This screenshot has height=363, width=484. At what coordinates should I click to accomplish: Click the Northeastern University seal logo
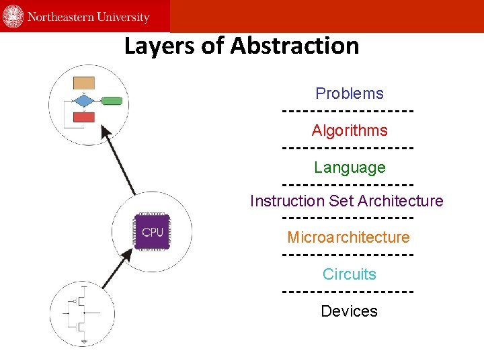point(13,16)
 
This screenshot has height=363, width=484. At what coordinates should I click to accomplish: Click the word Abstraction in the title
point(294,46)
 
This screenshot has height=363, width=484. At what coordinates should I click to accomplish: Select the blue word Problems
point(350,93)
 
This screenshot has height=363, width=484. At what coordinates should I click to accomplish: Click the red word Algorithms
point(350,130)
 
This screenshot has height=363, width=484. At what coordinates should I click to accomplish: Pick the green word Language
point(350,167)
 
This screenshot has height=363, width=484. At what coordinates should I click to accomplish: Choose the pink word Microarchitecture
point(348,237)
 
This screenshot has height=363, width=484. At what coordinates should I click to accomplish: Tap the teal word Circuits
point(350,274)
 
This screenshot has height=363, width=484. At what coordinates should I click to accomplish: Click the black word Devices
point(350,311)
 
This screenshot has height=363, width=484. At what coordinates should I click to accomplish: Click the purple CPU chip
point(153,232)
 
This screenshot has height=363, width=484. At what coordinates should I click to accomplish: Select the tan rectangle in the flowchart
point(83,83)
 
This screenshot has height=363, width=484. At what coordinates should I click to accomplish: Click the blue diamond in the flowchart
point(83,101)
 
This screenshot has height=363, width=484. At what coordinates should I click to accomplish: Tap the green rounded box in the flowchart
point(112,101)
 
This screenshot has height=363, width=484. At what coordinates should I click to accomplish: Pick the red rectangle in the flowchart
point(83,117)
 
